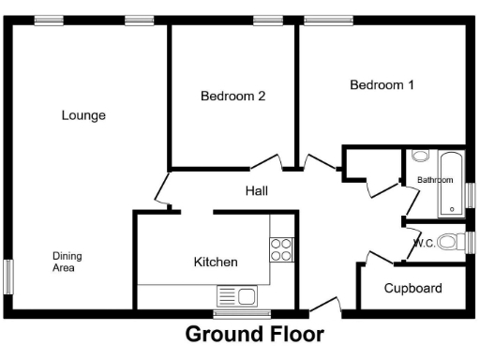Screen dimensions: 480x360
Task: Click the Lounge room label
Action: pyautogui.click(x=83, y=115)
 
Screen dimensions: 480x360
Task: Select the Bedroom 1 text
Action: pyautogui.click(x=382, y=85)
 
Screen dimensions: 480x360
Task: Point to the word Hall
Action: pyautogui.click(x=257, y=190)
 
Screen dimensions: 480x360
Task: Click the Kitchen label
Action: pyautogui.click(x=216, y=262)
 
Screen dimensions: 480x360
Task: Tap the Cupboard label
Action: pyautogui.click(x=412, y=288)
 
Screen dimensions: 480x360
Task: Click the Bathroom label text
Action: pyautogui.click(x=435, y=179)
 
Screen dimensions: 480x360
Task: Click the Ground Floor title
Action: pyautogui.click(x=254, y=334)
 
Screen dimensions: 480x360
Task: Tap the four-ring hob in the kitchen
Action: pyautogui.click(x=280, y=248)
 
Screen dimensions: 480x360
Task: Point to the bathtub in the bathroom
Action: pyautogui.click(x=451, y=184)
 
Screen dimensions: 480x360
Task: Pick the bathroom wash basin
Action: pyautogui.click(x=419, y=156)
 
